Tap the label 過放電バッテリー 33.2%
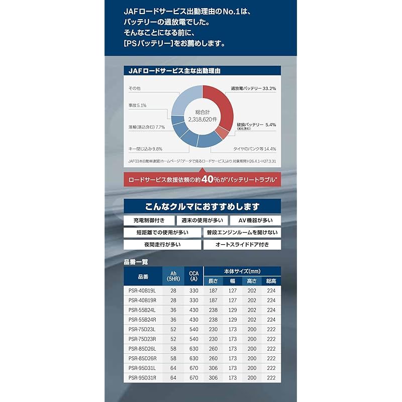coord(254,88)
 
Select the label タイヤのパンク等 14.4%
coord(254,149)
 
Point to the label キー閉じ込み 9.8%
coord(146,149)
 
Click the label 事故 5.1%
coord(137,106)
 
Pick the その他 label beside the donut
coord(134,88)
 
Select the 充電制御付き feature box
coord(149,220)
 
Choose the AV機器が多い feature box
coord(255,220)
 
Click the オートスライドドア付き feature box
coord(241,245)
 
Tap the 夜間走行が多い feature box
coord(162,245)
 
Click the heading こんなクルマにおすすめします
coord(201,206)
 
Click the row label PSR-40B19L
coord(142,291)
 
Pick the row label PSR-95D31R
coord(142,377)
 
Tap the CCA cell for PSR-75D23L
coord(193,329)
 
